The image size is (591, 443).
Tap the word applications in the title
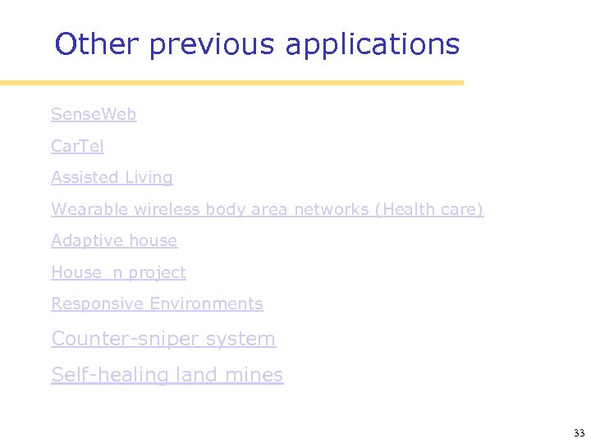click(372, 44)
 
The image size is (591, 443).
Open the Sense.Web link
click(94, 114)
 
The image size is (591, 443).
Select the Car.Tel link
click(77, 146)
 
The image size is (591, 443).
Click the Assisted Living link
click(112, 177)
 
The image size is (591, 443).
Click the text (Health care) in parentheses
click(429, 209)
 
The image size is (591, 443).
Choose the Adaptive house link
click(114, 240)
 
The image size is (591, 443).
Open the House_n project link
click(118, 272)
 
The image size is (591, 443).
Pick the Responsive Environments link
click(157, 304)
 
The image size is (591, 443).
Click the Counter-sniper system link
click(163, 339)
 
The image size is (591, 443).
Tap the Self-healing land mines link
click(167, 375)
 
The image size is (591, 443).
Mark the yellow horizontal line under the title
click(231, 83)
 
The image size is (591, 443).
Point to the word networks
click(331, 209)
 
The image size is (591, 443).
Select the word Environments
click(206, 304)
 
